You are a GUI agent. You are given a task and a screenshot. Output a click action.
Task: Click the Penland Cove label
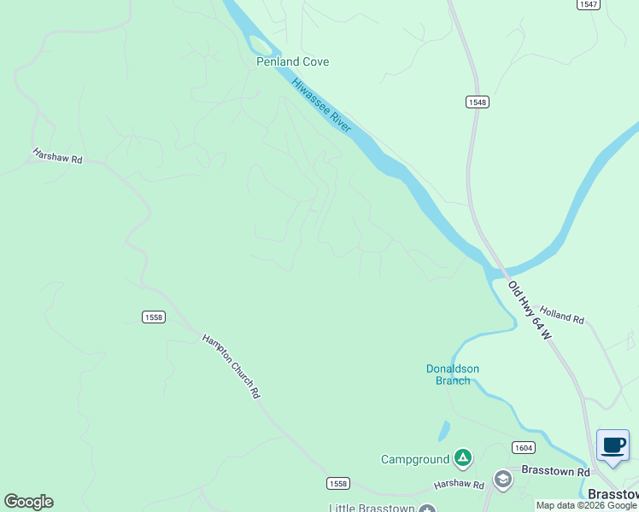tap(292, 62)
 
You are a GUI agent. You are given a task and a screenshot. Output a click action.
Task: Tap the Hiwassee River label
tap(321, 105)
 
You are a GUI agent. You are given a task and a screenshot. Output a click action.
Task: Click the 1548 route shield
tap(477, 102)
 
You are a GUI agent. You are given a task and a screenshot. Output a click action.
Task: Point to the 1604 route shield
tap(524, 447)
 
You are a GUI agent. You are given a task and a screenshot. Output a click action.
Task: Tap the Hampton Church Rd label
tap(231, 365)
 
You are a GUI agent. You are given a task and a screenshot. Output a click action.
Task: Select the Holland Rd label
tap(562, 316)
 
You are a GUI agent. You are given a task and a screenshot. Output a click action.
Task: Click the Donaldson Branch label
tap(453, 375)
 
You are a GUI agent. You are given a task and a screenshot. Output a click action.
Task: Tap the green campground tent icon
tap(462, 459)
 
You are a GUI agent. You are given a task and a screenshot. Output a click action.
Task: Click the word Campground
tap(415, 460)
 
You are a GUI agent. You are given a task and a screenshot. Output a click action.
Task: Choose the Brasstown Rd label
tap(556, 472)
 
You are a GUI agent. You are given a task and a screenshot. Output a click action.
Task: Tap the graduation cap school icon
tap(502, 480)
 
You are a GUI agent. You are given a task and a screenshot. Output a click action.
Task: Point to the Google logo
tap(28, 502)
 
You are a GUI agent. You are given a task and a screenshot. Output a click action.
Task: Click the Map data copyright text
tap(586, 506)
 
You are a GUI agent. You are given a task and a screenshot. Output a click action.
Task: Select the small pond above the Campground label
tap(444, 431)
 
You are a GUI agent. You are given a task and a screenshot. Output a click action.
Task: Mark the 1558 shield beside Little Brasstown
tap(337, 484)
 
